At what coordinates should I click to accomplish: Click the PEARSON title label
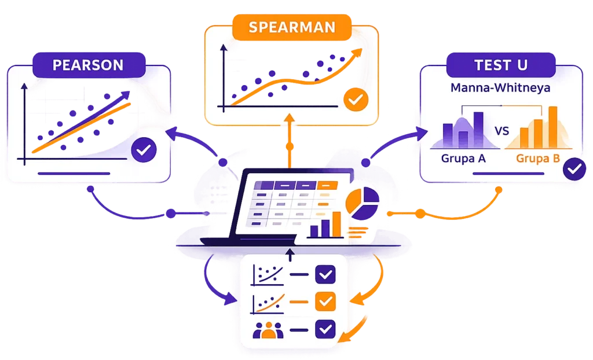click(88, 64)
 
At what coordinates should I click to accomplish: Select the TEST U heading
click(501, 65)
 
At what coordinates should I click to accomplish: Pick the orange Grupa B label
click(538, 157)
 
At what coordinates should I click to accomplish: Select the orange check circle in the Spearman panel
click(354, 100)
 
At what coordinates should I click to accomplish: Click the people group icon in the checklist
click(266, 330)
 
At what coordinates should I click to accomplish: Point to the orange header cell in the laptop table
click(327, 185)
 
